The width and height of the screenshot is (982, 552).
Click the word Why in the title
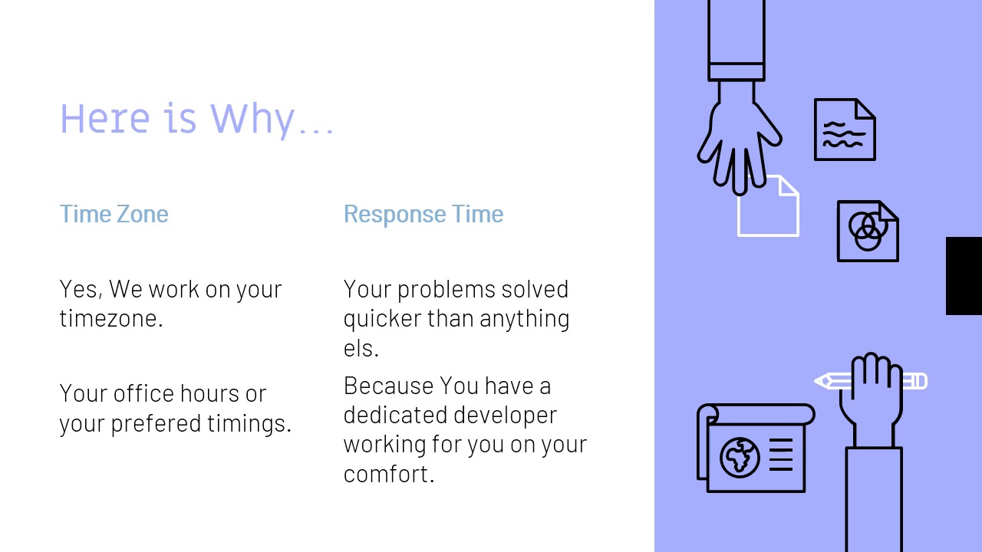coord(252,119)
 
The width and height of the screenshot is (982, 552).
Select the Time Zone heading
coord(114,214)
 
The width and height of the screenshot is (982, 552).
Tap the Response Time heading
coord(423,214)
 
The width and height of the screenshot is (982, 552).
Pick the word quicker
coord(382,319)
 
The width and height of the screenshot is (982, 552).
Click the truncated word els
coord(360,348)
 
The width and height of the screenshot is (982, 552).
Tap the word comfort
coord(387,474)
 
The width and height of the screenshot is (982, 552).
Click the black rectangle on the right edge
coord(964,276)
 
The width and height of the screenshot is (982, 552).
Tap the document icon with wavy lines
coord(844,130)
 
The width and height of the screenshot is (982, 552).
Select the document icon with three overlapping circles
coord(867,231)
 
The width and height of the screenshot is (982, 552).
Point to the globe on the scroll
coord(739,457)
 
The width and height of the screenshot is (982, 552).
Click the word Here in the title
coord(104,119)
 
